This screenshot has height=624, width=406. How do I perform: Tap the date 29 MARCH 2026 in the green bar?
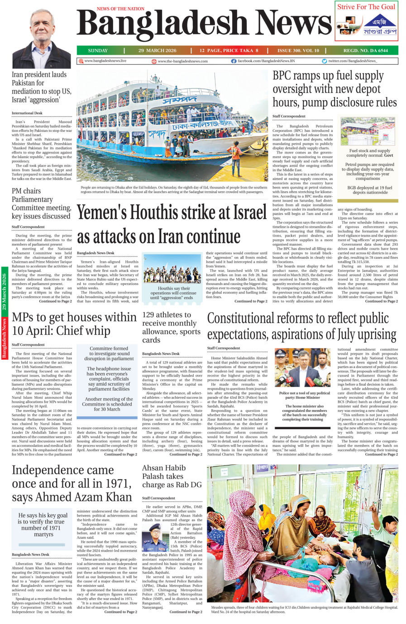coord(157,50)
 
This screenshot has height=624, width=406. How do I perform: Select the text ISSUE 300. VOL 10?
coord(298,50)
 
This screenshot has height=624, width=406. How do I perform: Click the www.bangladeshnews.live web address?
coord(105,61)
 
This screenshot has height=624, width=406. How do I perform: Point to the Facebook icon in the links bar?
coord(234,61)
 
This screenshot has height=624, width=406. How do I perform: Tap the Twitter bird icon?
coord(324,61)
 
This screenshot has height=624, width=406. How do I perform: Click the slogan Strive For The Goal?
coord(366,7)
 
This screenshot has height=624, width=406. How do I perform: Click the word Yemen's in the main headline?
coord(106,213)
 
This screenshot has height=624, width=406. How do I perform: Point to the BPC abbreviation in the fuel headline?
coord(285,75)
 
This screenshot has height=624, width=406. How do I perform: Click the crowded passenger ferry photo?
coord(172,126)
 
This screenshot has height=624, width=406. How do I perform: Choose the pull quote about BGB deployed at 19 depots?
coord(367,189)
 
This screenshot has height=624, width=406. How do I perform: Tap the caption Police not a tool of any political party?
coord(304,395)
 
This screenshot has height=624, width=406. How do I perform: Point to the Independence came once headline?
coord(72,484)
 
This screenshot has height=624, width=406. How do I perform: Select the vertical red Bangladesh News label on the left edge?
coord(4,338)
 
